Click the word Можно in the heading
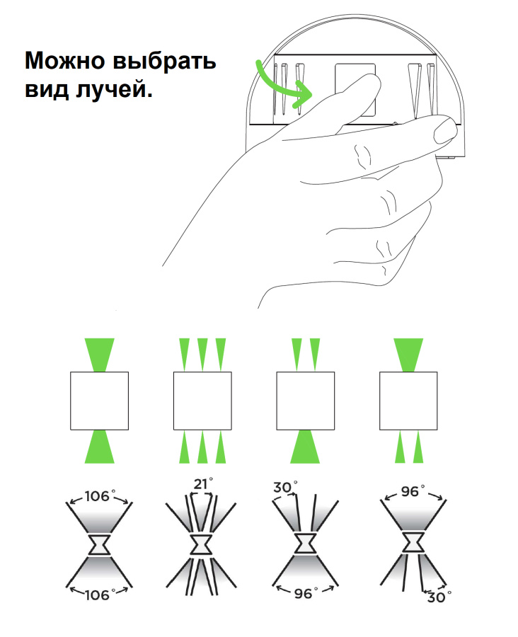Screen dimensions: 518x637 pyautogui.click(x=64, y=61)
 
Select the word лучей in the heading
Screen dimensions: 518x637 pyautogui.click(x=114, y=89)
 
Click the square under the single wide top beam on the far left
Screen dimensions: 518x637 pyautogui.click(x=100, y=401)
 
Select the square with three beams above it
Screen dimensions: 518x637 pyautogui.click(x=202, y=401)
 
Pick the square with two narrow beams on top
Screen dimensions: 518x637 pyautogui.click(x=306, y=401)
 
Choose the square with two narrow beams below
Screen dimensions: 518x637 pyautogui.click(x=408, y=401)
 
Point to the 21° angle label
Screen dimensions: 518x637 pyautogui.click(x=202, y=484)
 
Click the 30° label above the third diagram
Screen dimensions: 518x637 pyautogui.click(x=284, y=487)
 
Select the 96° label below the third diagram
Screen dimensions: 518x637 pyautogui.click(x=306, y=593)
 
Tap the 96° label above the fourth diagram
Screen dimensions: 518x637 pyautogui.click(x=413, y=491)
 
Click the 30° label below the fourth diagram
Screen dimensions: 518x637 pyautogui.click(x=439, y=597)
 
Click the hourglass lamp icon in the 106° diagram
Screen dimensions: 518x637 pyautogui.click(x=100, y=545)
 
